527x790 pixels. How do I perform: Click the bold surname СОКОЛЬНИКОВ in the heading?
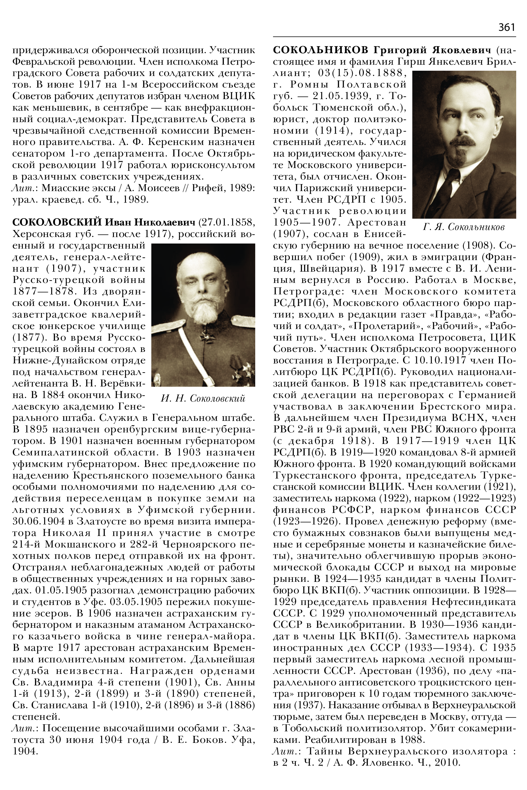coord(321,50)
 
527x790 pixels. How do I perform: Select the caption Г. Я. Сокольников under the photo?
coord(464,227)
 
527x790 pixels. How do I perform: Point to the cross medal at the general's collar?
coord(204,335)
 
